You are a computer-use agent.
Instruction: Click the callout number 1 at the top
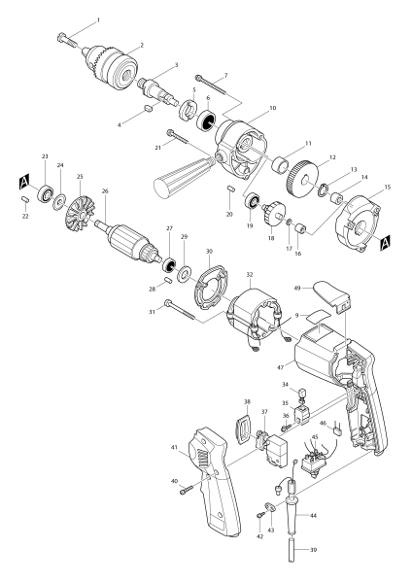pos(97,19)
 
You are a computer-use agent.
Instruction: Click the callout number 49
pos(297,288)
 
